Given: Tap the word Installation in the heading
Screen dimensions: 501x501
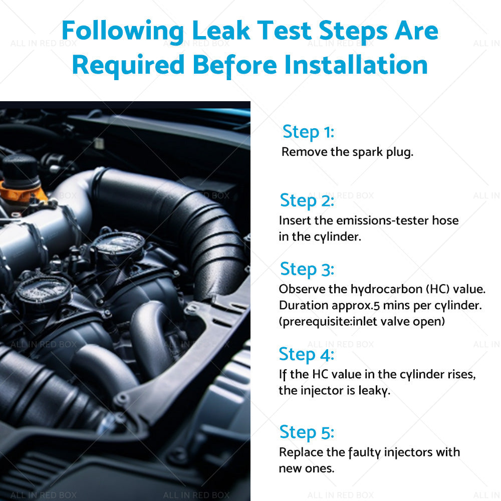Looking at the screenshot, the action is tap(356, 65).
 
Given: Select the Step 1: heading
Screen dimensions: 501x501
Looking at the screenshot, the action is tap(308, 132).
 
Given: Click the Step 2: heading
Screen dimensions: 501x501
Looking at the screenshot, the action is tap(307, 201).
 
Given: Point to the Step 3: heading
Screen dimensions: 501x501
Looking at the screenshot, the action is tap(307, 270).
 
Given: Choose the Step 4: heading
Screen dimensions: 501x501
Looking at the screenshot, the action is tap(307, 355).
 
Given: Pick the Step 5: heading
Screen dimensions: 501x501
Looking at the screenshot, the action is tap(307, 432).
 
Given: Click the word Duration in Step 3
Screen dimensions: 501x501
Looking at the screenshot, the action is tap(304, 306).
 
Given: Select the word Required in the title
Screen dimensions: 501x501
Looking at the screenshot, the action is tap(128, 65).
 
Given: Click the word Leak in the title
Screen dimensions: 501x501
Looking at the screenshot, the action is tap(221, 31).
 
